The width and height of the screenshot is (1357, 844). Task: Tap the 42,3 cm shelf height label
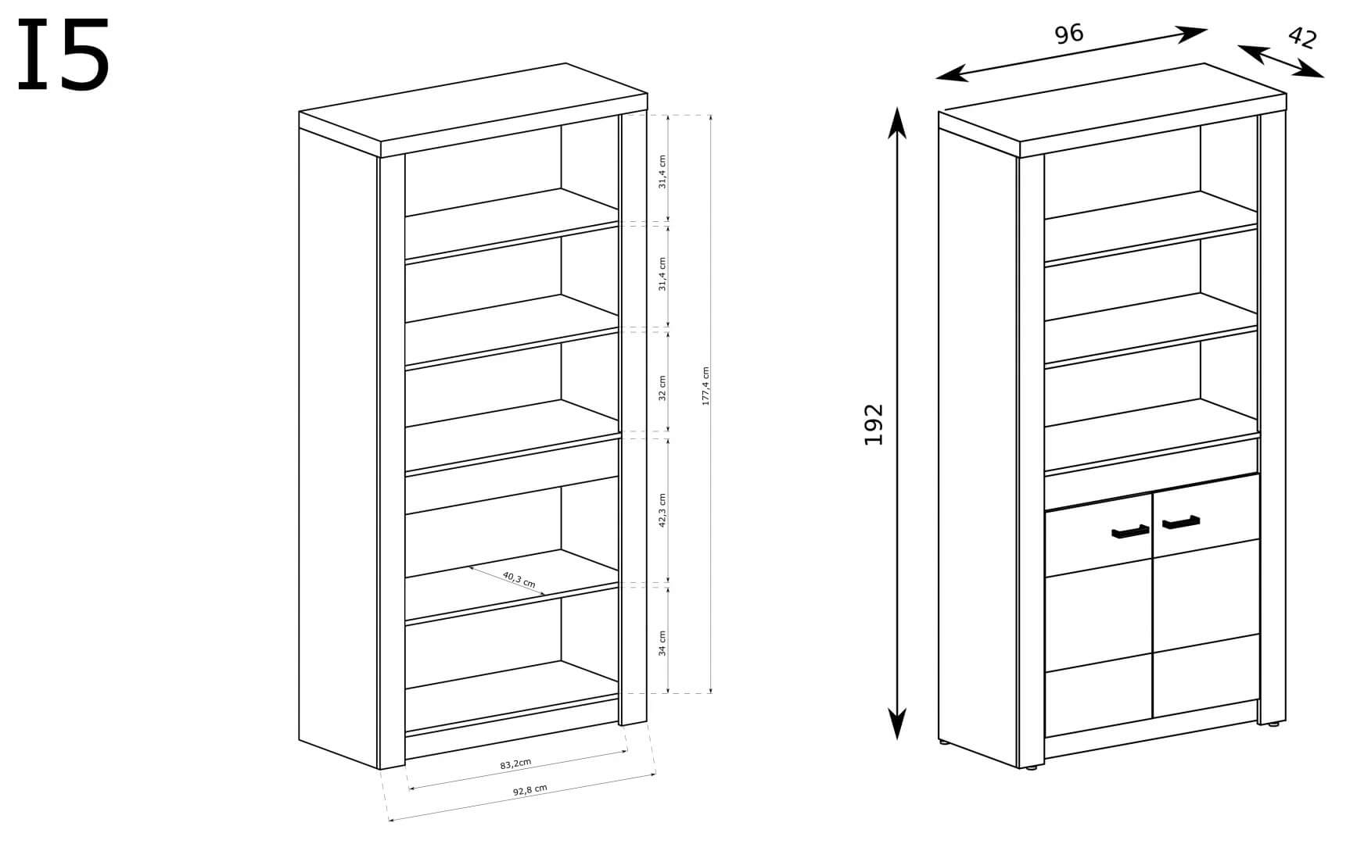click(662, 510)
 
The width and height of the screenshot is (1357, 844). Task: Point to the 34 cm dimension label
click(662, 642)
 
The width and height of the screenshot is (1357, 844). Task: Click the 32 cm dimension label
click(662, 388)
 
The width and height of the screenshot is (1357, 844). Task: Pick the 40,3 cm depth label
click(519, 580)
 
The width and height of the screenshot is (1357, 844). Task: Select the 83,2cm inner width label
click(516, 764)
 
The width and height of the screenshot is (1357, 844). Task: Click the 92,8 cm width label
click(530, 790)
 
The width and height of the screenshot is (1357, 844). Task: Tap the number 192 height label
click(874, 424)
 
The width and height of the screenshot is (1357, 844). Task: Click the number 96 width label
click(1068, 34)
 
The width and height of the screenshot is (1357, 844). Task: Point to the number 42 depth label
click(1301, 37)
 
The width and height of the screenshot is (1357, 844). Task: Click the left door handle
click(1130, 532)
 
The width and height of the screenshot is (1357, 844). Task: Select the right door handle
click(1181, 521)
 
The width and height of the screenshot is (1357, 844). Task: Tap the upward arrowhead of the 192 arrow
click(897, 121)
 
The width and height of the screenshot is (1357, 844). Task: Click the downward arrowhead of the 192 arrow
click(897, 725)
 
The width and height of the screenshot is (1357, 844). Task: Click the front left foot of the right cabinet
click(1031, 767)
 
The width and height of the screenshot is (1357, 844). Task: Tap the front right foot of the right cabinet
click(1273, 724)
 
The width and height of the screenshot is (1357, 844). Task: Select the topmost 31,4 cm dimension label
click(662, 172)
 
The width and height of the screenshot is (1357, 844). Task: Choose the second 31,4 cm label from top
click(662, 274)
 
